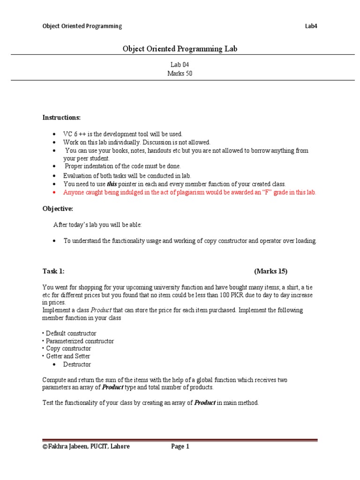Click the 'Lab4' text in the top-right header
tap(311, 26)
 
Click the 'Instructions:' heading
tap(61, 117)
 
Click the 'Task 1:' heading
tap(53, 271)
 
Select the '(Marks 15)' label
tap(270, 271)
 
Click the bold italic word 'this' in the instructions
tap(112, 184)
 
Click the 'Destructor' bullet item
tap(77, 364)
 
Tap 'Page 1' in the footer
tap(180, 447)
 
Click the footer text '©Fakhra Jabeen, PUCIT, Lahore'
tap(86, 447)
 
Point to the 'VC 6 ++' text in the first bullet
tap(74, 134)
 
